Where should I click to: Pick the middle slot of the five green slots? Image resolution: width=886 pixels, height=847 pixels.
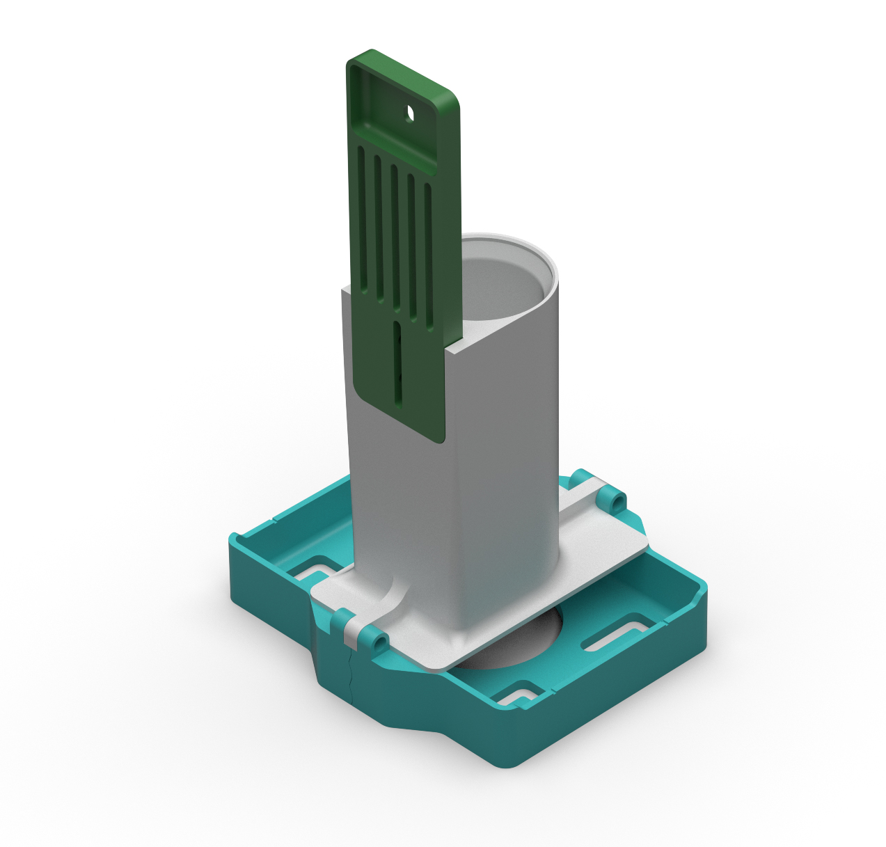(395, 237)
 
